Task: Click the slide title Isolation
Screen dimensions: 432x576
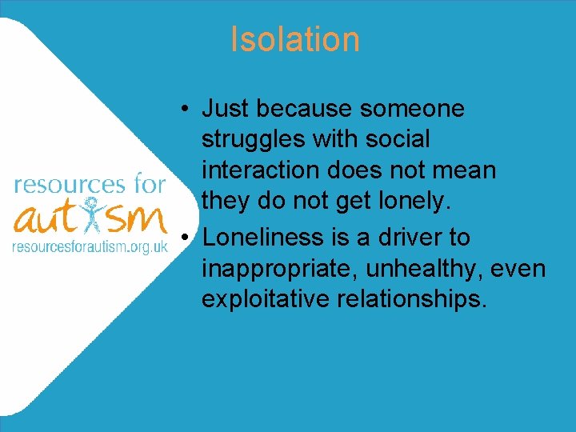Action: point(294,39)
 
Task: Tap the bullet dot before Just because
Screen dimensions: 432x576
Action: point(185,109)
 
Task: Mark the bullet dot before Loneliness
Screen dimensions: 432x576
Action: point(185,238)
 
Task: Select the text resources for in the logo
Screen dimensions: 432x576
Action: point(90,185)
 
